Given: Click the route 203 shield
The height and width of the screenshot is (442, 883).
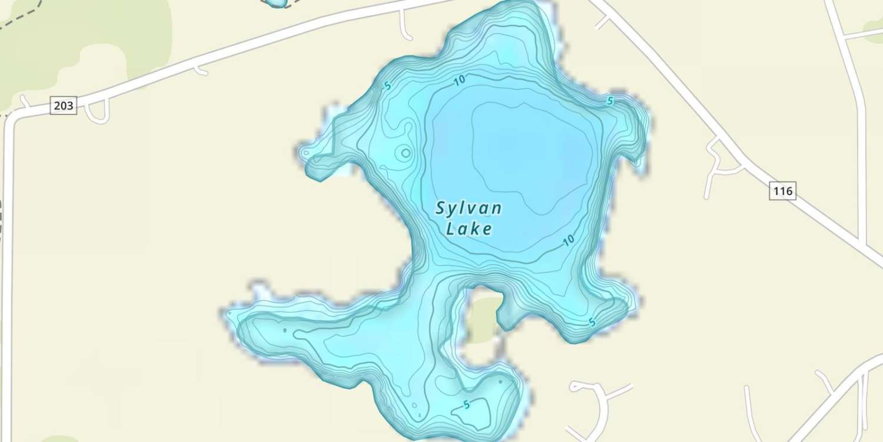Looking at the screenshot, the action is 64,106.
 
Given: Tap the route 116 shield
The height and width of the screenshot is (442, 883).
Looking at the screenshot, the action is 783,191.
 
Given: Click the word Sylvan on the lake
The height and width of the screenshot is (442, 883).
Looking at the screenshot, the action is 469,209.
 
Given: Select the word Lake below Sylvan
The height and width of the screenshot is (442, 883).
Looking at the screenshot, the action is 469,229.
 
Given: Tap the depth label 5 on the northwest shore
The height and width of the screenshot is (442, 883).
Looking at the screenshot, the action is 387,86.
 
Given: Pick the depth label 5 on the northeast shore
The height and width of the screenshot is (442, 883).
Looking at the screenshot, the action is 610,101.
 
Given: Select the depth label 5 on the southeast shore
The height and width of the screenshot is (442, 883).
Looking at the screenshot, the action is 592,323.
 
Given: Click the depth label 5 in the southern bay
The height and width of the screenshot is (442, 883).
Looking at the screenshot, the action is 466,405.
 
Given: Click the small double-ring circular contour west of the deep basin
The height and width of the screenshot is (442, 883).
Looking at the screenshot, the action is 406,153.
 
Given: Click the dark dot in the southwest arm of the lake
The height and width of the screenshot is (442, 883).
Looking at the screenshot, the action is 285,331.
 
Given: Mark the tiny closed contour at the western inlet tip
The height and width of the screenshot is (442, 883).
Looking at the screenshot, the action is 306,153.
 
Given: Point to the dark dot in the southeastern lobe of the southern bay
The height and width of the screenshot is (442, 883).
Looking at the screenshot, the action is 500,382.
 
